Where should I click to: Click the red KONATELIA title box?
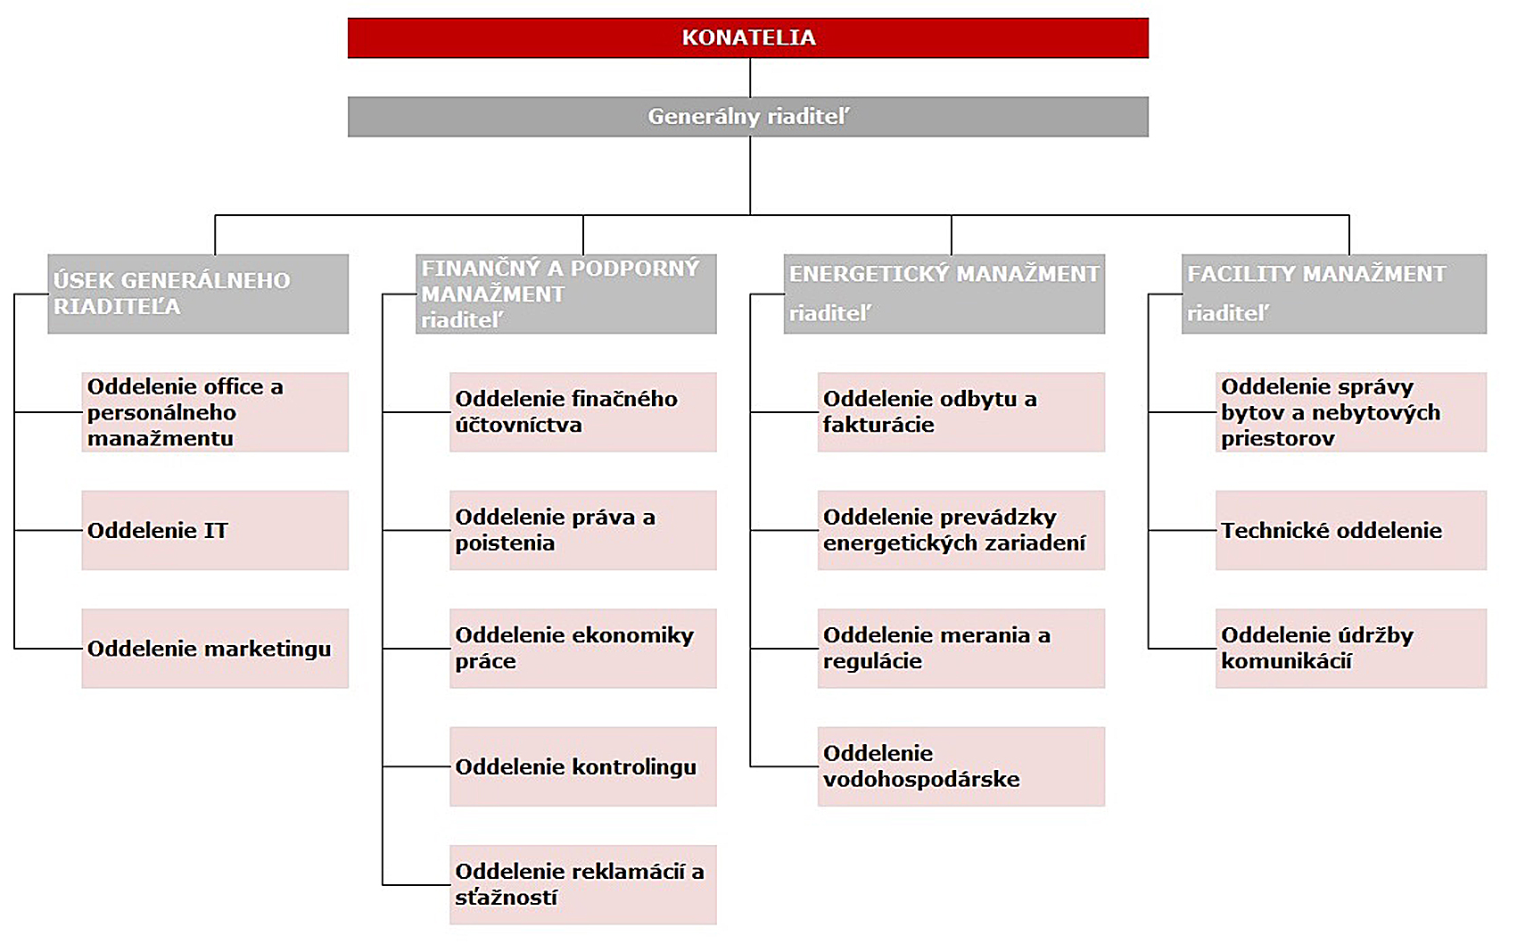747,38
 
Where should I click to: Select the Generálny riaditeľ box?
747,117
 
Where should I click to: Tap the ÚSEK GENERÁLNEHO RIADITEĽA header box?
198,294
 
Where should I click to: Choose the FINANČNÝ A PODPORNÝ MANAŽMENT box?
566,294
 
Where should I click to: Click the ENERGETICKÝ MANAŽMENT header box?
944,294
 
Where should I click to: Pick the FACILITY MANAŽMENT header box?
1334,294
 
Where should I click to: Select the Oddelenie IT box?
215,530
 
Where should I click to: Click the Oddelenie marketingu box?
215,649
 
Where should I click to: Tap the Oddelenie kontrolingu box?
583,766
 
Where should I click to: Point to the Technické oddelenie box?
1351,530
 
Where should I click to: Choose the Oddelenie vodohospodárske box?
961,766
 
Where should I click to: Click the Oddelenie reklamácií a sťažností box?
583,884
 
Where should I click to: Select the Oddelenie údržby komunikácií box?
1351,649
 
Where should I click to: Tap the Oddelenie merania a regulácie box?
961,649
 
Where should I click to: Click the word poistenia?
505,543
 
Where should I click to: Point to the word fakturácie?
878,425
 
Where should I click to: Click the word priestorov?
1277,439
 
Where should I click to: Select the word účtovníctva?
518,425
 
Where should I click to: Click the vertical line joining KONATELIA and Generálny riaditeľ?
750,78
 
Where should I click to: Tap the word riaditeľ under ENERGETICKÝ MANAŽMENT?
829,313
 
